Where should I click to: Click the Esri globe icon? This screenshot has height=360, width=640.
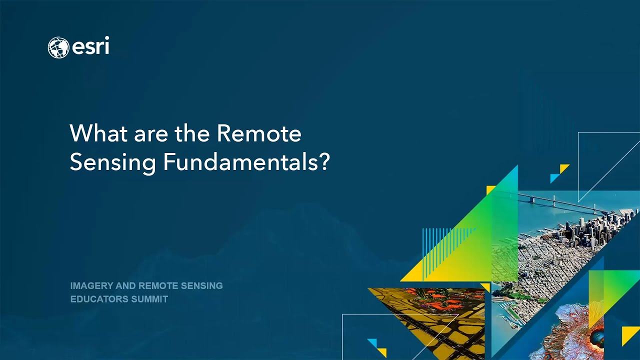coord(58,47)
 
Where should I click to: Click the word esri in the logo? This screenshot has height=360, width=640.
coord(90,47)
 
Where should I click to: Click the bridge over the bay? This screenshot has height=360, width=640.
coord(560,202)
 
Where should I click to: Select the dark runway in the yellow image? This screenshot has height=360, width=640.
coord(425,325)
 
